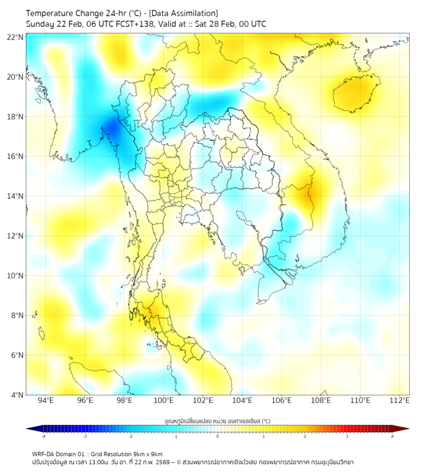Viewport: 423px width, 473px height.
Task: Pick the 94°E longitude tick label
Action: coord(46,401)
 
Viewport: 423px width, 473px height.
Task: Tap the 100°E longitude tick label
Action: coord(164,401)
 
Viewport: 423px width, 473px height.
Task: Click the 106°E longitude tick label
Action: coord(282,401)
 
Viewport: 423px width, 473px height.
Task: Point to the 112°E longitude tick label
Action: coord(400,401)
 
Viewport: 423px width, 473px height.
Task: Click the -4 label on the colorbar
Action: coord(43,437)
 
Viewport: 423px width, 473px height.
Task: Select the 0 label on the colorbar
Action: coord(218,437)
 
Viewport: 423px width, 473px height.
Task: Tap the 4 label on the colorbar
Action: coord(392,437)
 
